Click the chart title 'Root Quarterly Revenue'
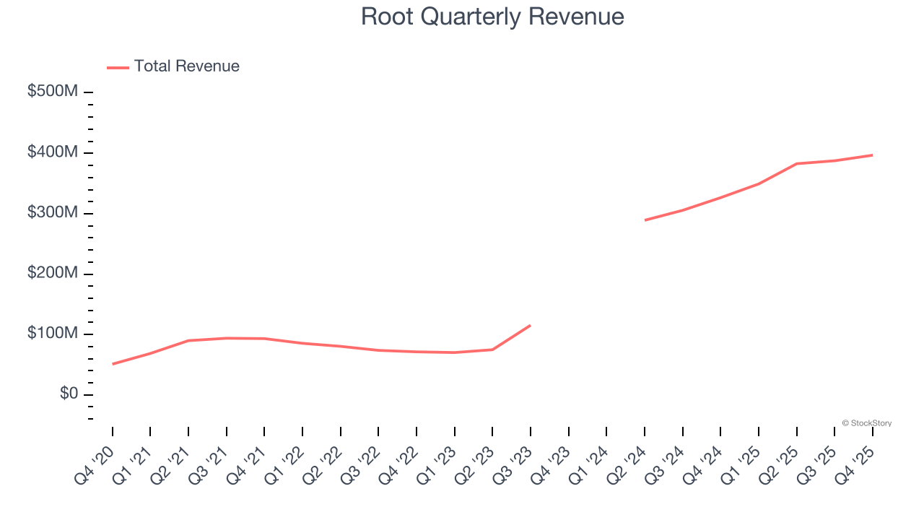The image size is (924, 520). click(492, 17)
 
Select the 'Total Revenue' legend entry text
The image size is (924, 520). click(186, 66)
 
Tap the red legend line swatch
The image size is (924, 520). click(118, 67)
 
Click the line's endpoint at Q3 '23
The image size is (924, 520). click(531, 325)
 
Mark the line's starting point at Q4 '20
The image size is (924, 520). click(113, 364)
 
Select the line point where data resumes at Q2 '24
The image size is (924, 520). click(645, 220)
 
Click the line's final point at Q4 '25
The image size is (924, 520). click(873, 155)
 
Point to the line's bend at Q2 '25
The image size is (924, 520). click(797, 163)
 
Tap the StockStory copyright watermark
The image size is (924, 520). click(867, 423)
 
